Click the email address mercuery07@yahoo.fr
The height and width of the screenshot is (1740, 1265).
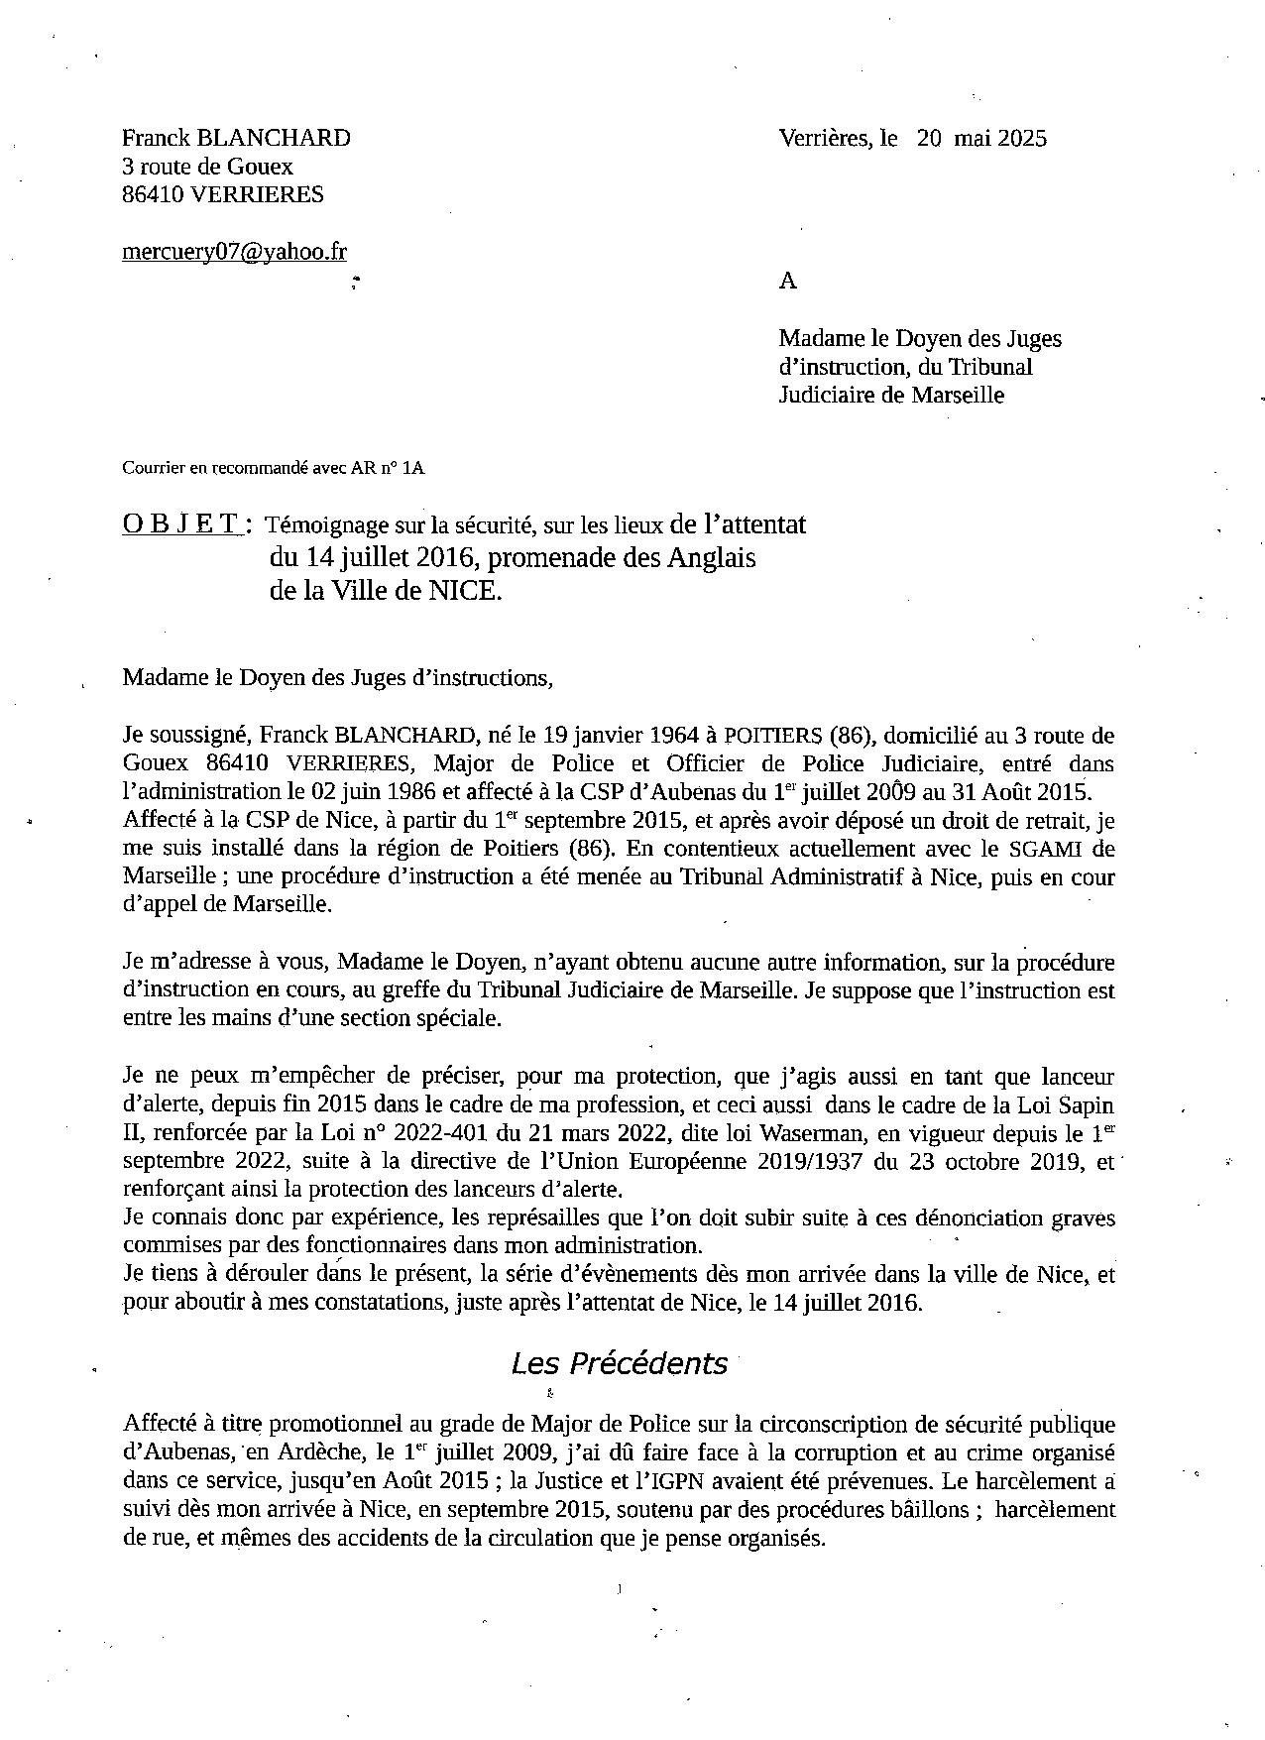click(234, 252)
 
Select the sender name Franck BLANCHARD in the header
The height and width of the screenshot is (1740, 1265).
click(236, 138)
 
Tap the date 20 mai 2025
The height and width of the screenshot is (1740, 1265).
click(981, 138)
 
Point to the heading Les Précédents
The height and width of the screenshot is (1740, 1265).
click(619, 1363)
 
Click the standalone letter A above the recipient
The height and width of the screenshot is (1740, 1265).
click(787, 281)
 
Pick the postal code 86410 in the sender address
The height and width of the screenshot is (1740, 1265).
click(152, 194)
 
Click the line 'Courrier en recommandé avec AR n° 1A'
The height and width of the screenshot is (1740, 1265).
click(273, 468)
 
